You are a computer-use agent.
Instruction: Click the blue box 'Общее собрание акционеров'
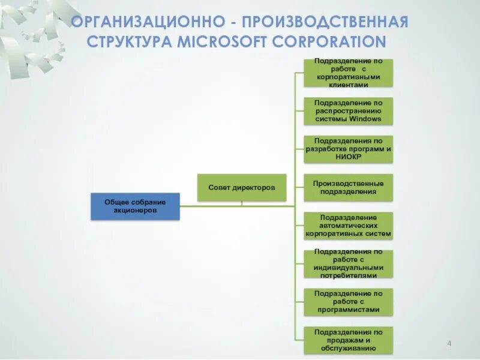pos(135,206)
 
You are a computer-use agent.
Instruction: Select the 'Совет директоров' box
pos(242,188)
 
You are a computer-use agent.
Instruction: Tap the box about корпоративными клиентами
pos(348,73)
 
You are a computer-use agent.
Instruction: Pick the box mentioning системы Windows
pos(348,111)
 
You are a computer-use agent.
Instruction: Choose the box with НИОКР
pos(348,149)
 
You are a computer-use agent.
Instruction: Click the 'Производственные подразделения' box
pos(348,187)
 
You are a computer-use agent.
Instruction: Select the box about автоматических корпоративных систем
pos(348,226)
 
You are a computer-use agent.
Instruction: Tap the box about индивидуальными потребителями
pos(348,263)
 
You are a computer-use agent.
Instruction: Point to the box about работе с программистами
pos(348,302)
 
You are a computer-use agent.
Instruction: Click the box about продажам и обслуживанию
pos(348,340)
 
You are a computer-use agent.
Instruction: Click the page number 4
pos(449,343)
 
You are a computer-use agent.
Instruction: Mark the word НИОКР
pos(348,157)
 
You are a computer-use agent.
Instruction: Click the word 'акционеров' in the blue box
pos(135,211)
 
